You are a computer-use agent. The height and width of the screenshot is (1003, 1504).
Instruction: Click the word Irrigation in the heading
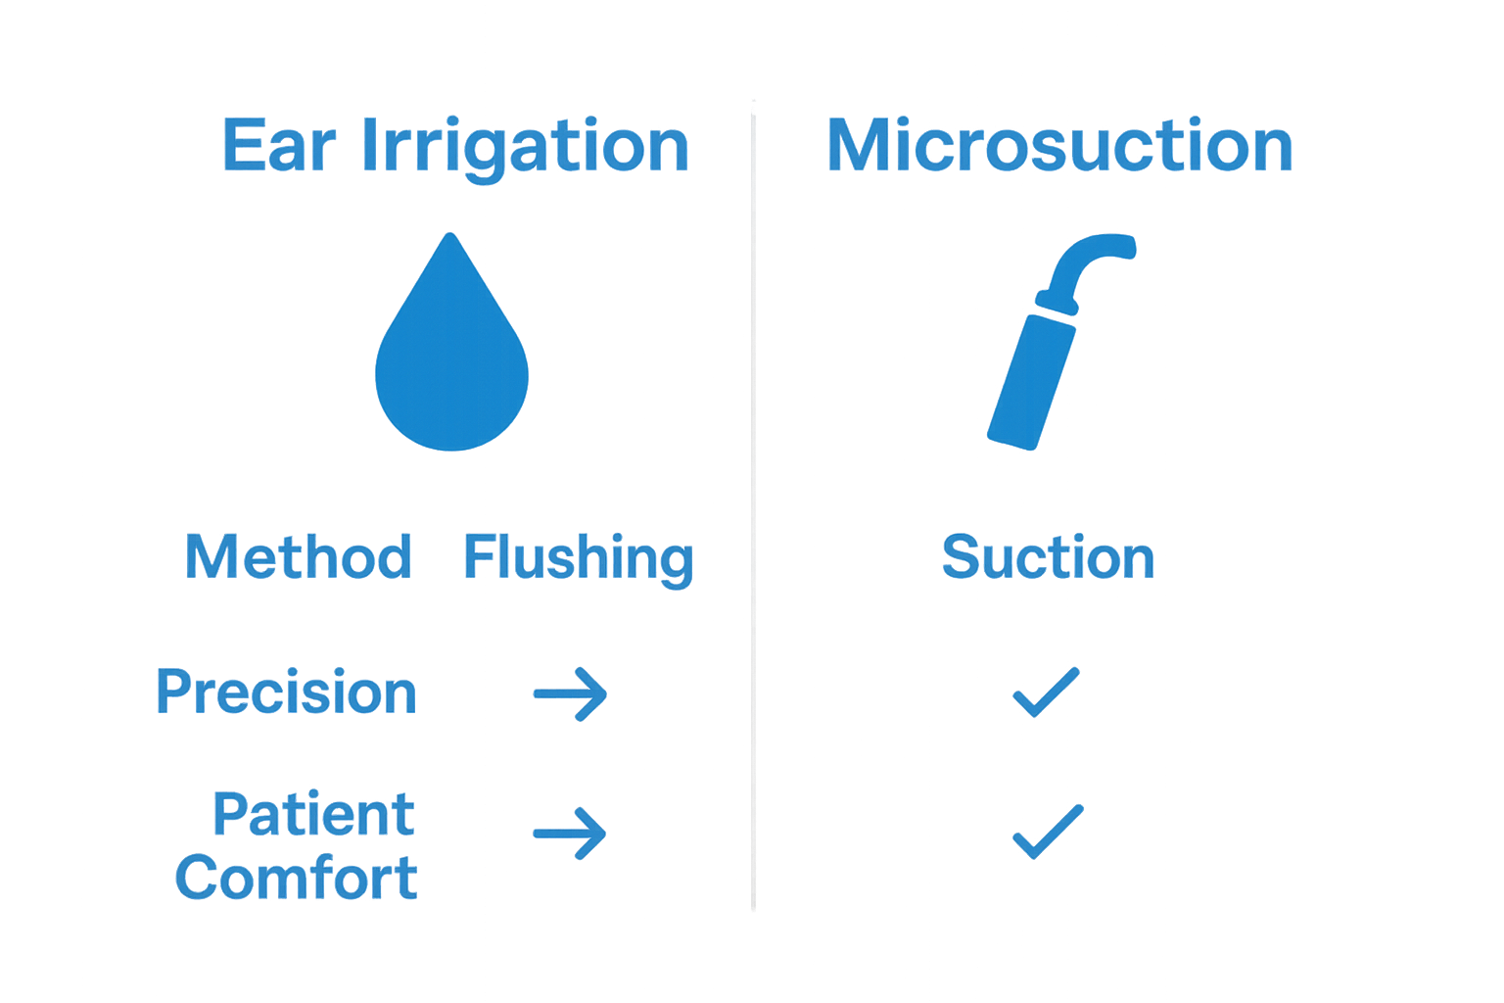coord(526,147)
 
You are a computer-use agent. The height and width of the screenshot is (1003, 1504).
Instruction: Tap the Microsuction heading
coord(1059,145)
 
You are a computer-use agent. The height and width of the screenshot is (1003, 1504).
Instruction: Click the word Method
coord(298,556)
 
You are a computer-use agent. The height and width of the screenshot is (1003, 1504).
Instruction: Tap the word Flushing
coord(578,558)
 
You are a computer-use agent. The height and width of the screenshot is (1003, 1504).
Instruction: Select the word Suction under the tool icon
coord(1048,556)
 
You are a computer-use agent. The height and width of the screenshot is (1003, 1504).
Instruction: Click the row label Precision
coord(286,692)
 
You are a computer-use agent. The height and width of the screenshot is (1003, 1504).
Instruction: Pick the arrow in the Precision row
coord(571,694)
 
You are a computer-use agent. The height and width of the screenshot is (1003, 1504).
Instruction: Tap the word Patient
coord(313,814)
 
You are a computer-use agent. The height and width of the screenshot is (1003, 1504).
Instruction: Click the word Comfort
coord(297,877)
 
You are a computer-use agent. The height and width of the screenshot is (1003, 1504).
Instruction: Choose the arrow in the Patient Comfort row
coord(570,834)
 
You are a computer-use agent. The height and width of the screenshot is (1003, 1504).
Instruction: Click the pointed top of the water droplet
coord(450,238)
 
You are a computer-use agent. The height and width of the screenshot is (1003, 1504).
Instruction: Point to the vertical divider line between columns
coord(753,490)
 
